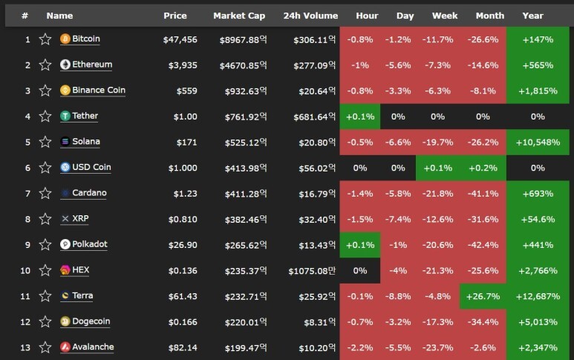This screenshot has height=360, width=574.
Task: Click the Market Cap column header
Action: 239,16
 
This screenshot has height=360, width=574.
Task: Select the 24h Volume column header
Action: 310,16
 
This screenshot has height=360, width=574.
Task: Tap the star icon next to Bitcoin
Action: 45,39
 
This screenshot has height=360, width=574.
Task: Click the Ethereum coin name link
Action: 92,65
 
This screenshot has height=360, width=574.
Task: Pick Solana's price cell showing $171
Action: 186,142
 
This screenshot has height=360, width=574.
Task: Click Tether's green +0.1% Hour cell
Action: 360,117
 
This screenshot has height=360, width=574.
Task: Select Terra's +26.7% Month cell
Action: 483,296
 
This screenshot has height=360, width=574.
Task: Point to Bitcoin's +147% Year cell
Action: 538,39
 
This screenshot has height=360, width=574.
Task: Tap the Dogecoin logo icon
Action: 65,321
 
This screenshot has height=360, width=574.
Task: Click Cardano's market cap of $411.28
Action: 246,194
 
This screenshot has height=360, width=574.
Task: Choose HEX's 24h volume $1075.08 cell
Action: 312,271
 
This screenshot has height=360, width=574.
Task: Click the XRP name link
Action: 80,218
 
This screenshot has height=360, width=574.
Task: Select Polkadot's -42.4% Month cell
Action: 483,245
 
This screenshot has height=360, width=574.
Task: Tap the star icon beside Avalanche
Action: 45,347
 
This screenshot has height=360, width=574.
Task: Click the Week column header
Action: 445,16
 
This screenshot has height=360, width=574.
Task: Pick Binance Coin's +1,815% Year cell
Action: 538,91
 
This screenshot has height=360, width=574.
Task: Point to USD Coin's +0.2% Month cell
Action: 483,168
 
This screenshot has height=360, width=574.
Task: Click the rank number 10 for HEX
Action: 25,271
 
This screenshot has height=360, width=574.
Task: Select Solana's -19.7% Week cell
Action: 438,142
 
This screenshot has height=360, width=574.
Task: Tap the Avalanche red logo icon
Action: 65,347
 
